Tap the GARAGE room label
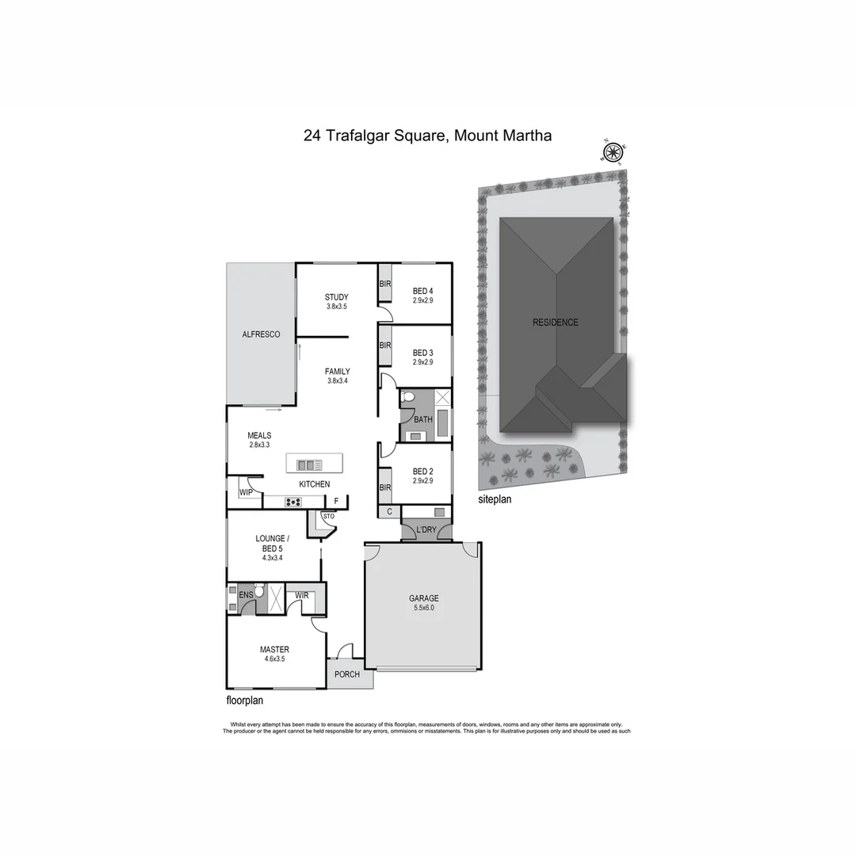423,598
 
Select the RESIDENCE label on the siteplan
555,323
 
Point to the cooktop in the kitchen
293,501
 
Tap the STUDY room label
336,297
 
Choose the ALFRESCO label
261,335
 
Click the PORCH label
346,674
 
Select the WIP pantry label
245,493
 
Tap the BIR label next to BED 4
384,284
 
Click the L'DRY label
426,528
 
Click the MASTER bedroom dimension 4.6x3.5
274,659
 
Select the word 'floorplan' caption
245,701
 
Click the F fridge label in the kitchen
336,501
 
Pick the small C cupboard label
389,513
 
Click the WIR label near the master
301,594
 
